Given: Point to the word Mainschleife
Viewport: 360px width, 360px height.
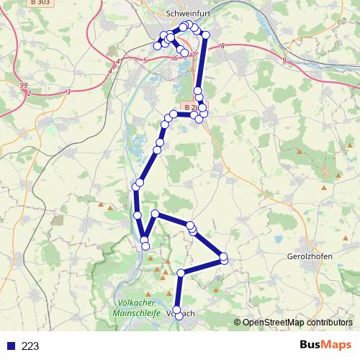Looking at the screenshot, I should tap(139, 312).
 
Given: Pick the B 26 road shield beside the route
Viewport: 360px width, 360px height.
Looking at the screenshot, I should tap(189, 107).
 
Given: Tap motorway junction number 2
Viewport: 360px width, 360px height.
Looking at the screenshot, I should tap(29, 93).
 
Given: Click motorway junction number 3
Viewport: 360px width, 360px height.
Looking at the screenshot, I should tap(68, 91).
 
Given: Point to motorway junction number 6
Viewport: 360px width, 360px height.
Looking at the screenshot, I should tap(176, 58).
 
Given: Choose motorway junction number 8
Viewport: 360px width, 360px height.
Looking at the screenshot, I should tap(223, 46).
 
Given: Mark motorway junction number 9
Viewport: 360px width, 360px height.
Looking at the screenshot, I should tap(284, 60).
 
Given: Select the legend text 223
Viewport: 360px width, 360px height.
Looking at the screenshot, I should tap(30, 346).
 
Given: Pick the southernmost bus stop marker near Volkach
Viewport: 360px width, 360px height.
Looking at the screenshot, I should tap(179, 316).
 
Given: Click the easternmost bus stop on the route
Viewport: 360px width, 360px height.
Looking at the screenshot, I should tap(223, 257).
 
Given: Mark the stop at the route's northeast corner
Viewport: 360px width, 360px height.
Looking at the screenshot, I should tap(205, 35).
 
